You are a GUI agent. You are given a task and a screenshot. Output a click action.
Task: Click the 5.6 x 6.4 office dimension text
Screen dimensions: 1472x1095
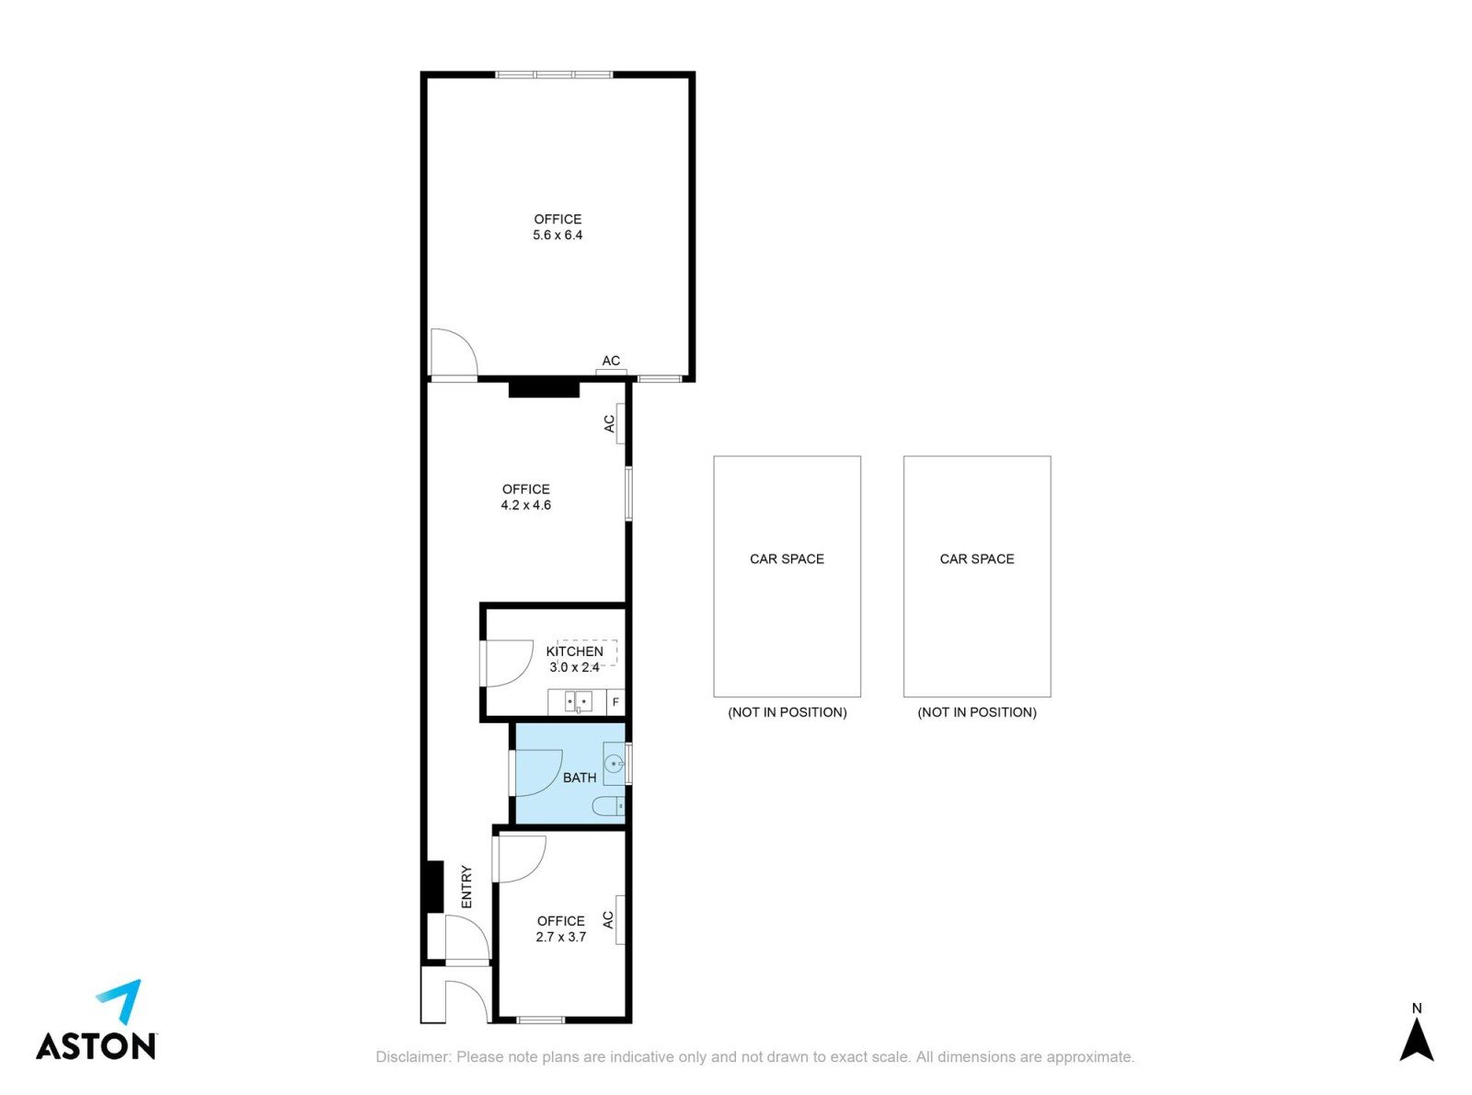coord(557,235)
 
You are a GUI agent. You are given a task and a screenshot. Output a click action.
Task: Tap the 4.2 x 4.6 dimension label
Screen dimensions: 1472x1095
coord(525,504)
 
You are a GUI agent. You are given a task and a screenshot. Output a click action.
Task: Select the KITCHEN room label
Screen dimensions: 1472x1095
coord(574,651)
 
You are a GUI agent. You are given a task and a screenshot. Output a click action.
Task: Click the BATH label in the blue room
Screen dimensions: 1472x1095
coord(580,778)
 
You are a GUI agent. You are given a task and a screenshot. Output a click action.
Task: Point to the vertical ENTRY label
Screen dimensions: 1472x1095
coord(466,886)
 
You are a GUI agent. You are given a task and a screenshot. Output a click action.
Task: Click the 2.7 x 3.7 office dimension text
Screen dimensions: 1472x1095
coord(561,937)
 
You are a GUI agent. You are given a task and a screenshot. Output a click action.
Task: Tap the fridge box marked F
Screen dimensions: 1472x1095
coord(615,702)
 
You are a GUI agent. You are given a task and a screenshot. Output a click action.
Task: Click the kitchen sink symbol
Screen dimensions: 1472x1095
coord(578,701)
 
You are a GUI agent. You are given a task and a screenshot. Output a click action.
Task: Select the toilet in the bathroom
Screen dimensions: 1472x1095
coord(608,806)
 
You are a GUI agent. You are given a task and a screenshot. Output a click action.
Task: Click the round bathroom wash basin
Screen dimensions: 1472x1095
coord(614,765)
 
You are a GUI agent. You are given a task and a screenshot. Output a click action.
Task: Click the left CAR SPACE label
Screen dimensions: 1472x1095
coord(787,559)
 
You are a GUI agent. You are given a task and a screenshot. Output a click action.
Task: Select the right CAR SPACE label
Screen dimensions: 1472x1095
coord(976,559)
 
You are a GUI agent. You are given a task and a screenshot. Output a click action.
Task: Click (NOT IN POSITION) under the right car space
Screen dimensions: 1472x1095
coord(976,712)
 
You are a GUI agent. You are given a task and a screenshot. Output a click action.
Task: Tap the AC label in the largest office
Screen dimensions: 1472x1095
coord(611,361)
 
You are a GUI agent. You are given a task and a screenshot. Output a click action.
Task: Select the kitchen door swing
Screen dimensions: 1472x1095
coord(510,663)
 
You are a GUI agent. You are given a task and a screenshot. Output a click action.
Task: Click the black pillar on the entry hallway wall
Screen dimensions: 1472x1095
coord(434,886)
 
